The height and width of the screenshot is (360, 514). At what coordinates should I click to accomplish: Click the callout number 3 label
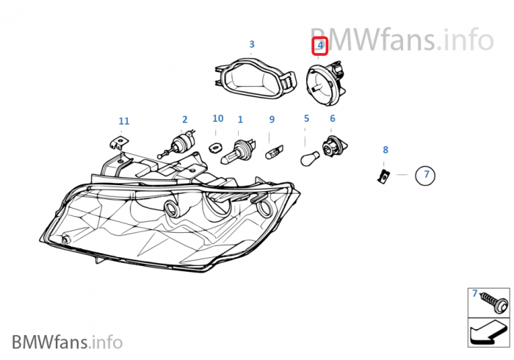[x=252, y=44]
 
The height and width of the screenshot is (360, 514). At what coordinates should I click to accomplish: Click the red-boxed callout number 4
[x=320, y=46]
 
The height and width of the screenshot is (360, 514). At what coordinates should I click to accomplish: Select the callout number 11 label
[x=123, y=120]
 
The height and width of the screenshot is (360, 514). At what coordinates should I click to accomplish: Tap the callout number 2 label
[x=184, y=119]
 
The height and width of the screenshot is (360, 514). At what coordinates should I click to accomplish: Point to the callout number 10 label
[x=218, y=118]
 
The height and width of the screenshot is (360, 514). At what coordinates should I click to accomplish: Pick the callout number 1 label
[x=240, y=119]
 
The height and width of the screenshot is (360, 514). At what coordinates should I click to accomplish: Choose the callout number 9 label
[x=272, y=119]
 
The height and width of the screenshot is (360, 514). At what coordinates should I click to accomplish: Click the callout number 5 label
[x=306, y=118]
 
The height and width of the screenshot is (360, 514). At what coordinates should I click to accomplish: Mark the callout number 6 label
[x=332, y=118]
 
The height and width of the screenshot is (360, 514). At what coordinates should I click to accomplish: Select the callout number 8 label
[x=385, y=150]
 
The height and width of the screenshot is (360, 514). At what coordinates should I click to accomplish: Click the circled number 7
[x=425, y=175]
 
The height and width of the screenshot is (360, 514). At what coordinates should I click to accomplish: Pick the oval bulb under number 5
[x=308, y=157]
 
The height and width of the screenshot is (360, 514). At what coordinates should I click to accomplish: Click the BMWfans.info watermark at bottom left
[x=67, y=342]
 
